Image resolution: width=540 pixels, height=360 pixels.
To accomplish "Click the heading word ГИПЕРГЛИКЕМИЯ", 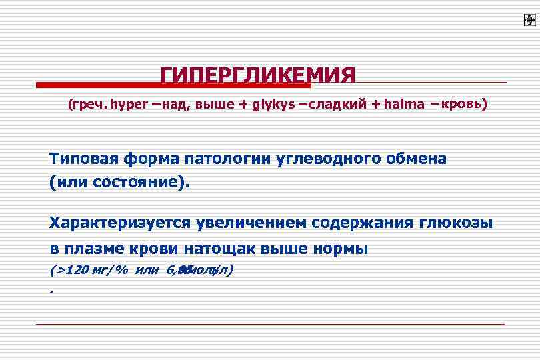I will point(258,75).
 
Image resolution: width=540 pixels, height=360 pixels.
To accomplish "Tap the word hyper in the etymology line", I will point(131,105).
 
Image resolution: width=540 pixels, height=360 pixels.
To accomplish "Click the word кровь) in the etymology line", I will point(464,104).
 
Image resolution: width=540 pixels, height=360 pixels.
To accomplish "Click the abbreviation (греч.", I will point(87,105).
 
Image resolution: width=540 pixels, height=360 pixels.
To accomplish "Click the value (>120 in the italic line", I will point(69,270).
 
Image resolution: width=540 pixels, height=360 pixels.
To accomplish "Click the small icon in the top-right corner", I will point(530,20).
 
